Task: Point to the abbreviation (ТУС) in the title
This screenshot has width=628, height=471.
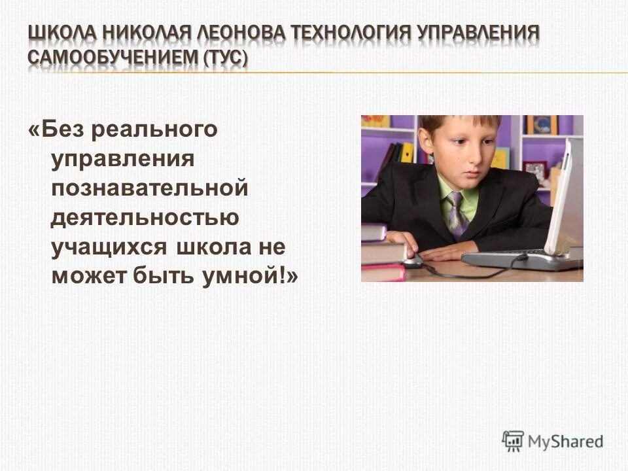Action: click(226, 58)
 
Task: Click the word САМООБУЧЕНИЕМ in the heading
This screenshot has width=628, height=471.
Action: click(113, 58)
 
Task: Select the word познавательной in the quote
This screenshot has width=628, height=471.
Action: click(150, 188)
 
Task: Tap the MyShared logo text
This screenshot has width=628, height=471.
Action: click(566, 441)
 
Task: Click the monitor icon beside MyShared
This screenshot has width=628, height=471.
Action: click(513, 440)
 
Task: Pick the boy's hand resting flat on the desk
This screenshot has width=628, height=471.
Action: click(454, 251)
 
